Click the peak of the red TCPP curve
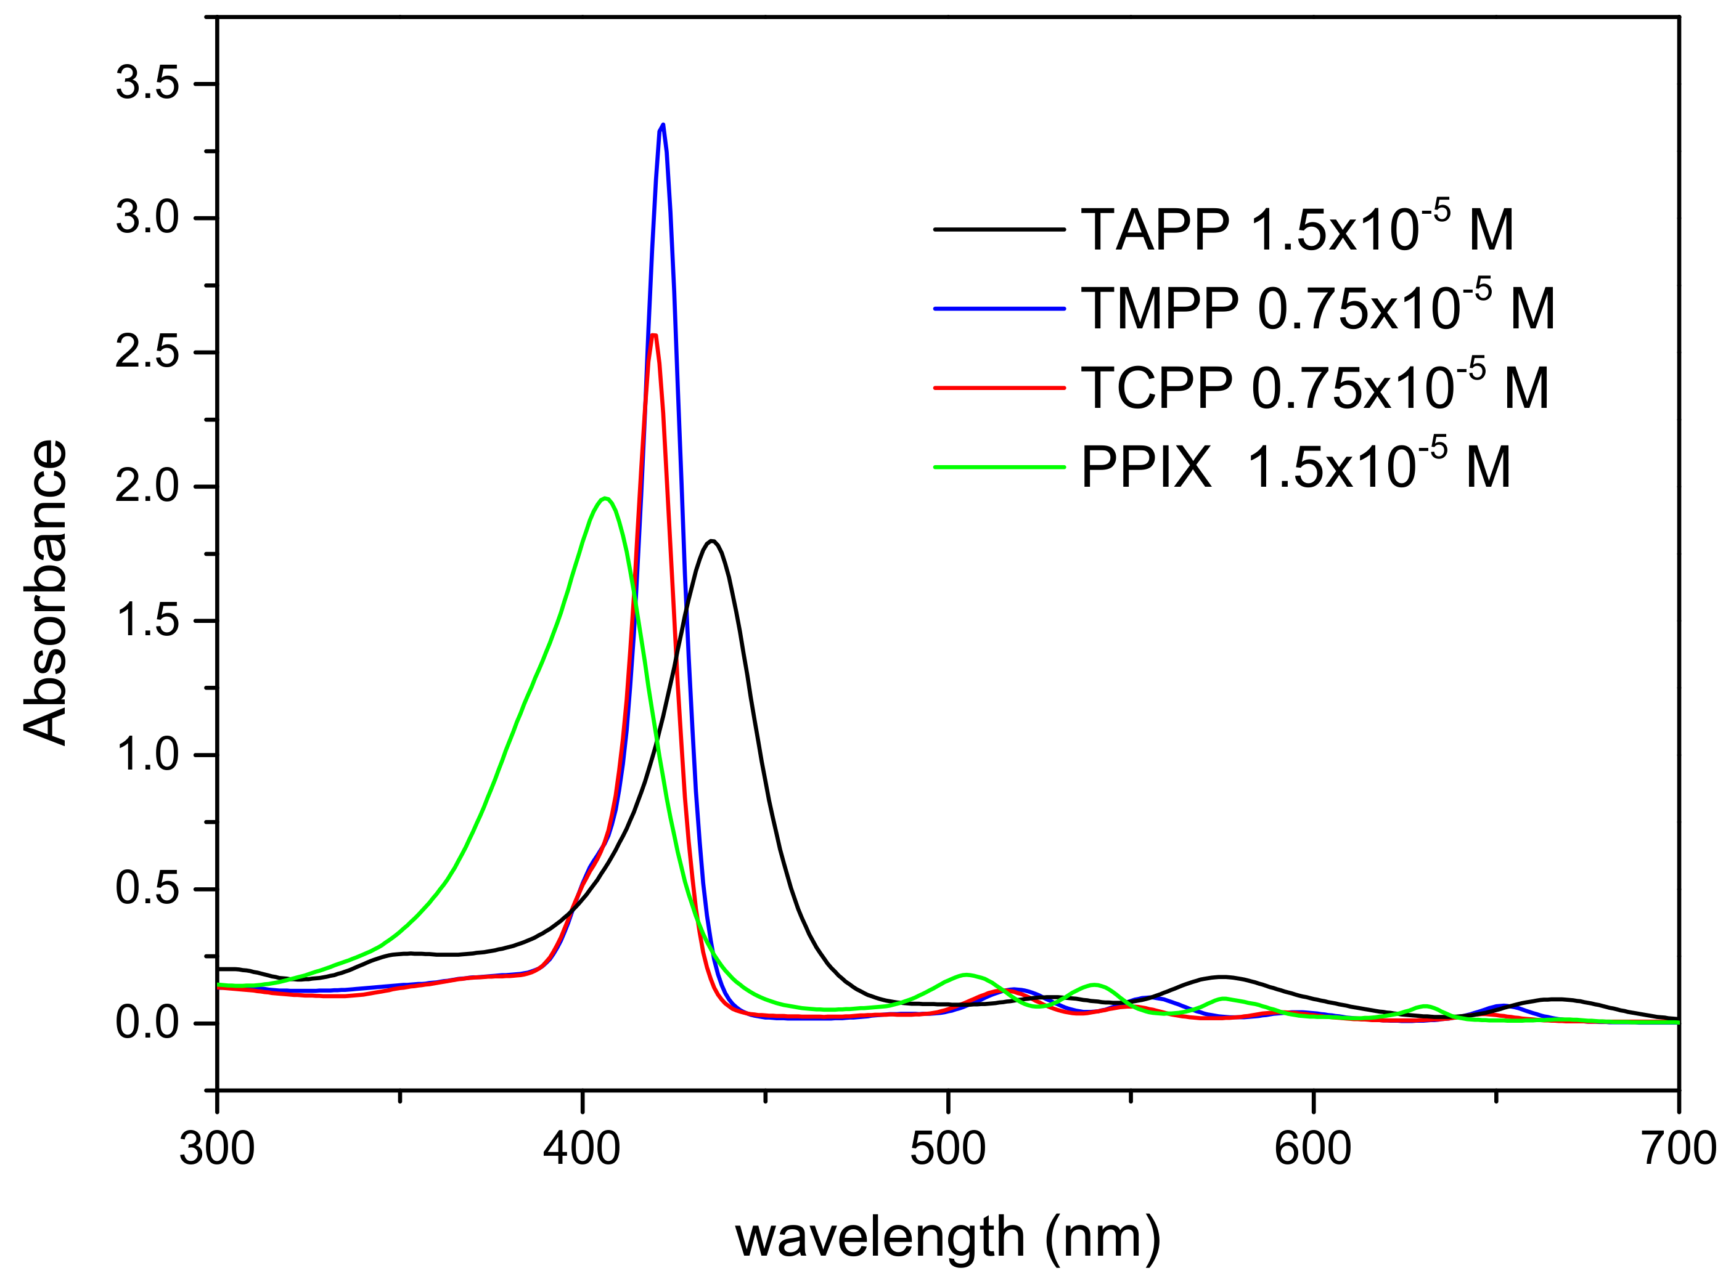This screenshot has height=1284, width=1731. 654,336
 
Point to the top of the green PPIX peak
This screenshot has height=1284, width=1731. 605,498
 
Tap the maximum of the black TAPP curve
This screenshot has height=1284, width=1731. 712,541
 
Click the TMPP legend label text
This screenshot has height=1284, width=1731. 1317,309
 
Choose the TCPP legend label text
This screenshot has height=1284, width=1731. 1314,388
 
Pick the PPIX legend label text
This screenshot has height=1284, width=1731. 1296,467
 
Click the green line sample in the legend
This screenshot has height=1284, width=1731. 999,467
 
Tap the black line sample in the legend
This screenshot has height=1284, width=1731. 999,229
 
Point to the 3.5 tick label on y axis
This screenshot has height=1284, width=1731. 148,83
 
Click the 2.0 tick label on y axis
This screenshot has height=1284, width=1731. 148,487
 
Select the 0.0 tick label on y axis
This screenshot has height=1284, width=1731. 148,1023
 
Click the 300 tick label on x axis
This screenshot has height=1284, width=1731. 217,1148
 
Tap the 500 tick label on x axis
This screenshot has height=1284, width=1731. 948,1148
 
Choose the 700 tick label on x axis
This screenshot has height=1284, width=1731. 1678,1148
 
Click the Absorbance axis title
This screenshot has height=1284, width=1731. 45,592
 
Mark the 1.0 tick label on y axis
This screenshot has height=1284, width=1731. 148,755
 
